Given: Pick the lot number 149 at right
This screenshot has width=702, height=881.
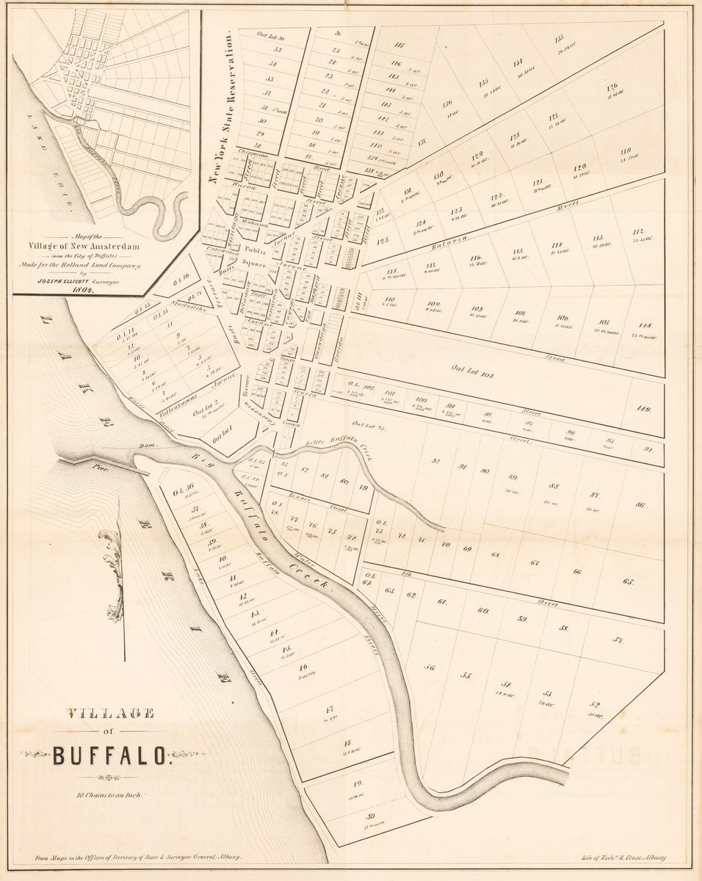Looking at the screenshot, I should pyautogui.click(x=644, y=409).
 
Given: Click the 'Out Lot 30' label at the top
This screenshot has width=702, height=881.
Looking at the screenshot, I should pyautogui.click(x=271, y=35).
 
